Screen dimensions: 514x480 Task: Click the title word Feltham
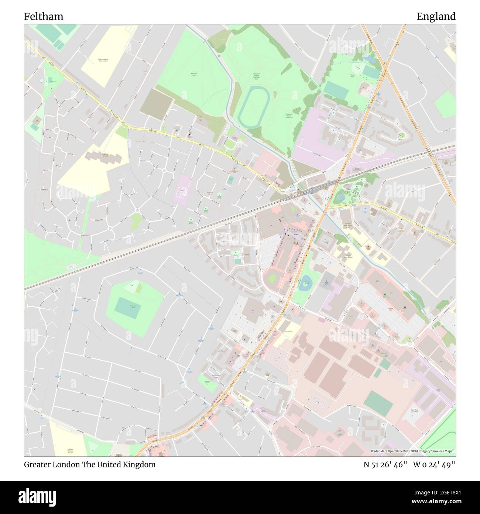[44, 17]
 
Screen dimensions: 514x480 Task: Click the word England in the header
[436, 17]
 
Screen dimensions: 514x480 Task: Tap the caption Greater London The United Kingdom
[90, 464]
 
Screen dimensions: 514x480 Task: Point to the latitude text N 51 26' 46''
[385, 464]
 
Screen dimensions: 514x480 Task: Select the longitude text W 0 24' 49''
[434, 464]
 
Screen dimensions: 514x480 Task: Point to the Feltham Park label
[352, 75]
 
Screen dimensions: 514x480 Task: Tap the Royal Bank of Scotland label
[416, 410]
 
